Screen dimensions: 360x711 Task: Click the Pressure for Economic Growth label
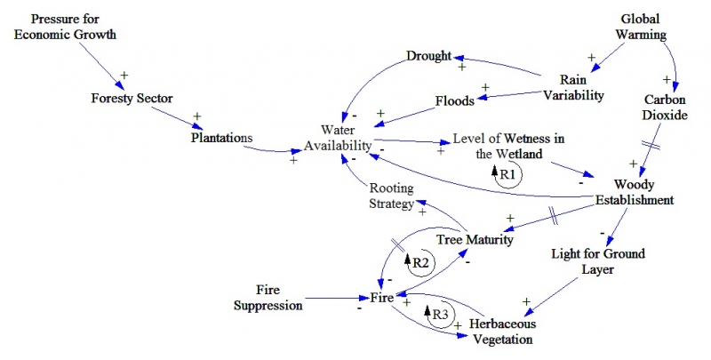[73, 28]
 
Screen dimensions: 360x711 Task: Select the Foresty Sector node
[131, 98]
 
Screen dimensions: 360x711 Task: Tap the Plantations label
[222, 138]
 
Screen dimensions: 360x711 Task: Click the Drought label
[429, 57]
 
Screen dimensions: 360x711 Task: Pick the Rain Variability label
[575, 87]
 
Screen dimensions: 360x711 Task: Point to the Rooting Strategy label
[392, 196]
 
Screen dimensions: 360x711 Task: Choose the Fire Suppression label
[268, 298]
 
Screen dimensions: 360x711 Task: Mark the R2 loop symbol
[419, 262]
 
